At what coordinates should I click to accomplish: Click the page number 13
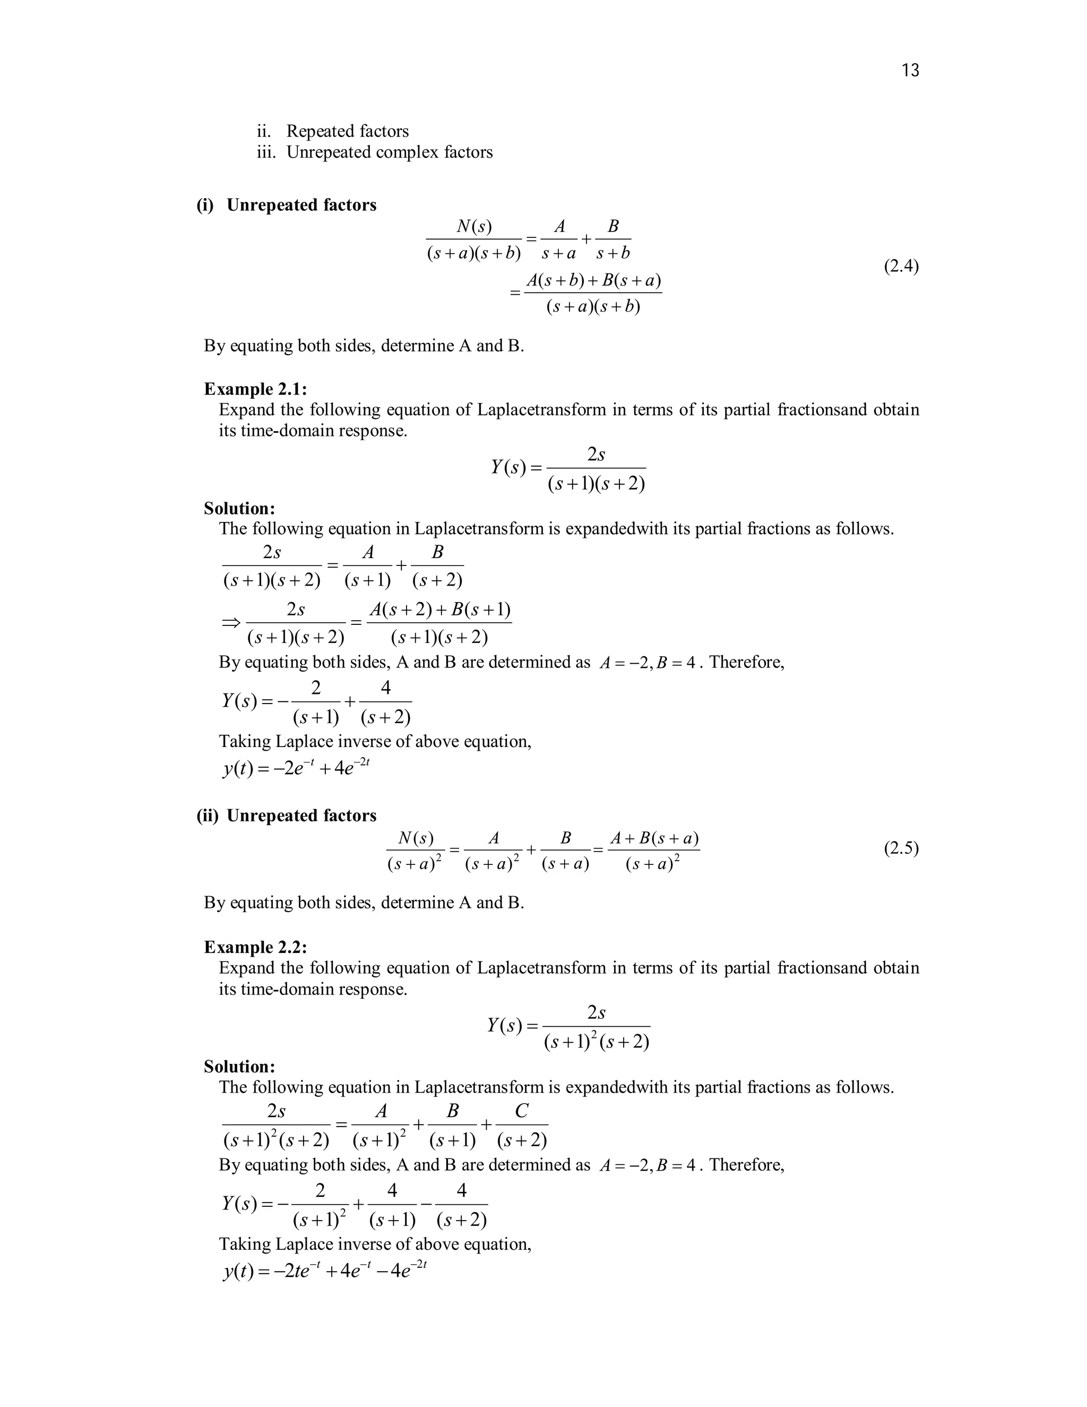pos(910,70)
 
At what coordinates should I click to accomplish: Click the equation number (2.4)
pos(901,265)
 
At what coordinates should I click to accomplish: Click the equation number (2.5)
pos(901,848)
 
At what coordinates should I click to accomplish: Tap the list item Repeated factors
pos(347,131)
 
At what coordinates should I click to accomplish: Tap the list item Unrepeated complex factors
pos(389,152)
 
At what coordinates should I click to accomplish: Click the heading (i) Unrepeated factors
pos(287,205)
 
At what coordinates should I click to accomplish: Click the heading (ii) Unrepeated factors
pos(287,816)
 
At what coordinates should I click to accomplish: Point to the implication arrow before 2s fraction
pos(230,622)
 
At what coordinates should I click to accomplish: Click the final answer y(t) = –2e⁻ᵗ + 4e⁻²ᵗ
pos(296,768)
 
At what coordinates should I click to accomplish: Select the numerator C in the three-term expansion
pos(522,1111)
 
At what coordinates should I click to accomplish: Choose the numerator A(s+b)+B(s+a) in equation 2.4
pos(593,281)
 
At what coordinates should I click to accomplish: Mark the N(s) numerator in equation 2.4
pos(473,226)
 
